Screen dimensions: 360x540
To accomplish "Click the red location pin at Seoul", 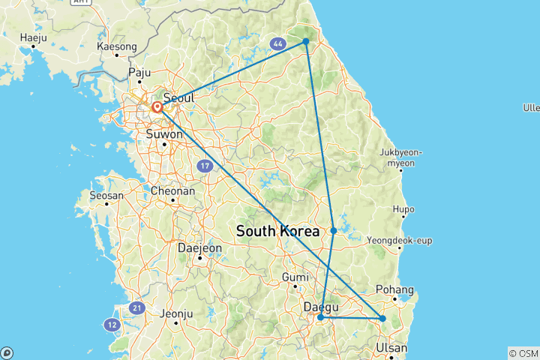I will tap(157, 108).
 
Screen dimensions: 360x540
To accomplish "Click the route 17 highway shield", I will tap(205, 165).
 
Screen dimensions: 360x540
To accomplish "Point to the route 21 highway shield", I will tap(136, 307).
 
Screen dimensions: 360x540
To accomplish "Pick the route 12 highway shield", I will tap(112, 324).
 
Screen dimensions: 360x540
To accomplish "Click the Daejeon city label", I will tap(199, 247).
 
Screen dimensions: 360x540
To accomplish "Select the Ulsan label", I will tap(392, 348).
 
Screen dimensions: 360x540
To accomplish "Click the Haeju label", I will tap(34, 37).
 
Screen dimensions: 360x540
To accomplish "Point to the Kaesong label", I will tap(117, 46).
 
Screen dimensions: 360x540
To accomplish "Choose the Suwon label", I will tap(163, 134).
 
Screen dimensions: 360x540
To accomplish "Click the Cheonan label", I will tap(173, 191).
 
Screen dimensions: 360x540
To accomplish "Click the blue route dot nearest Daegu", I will tap(321, 318).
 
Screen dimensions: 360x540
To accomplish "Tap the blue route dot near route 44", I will tap(306, 41).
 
